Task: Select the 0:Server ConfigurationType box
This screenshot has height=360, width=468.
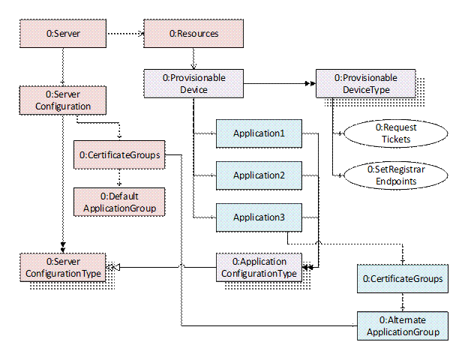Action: click(62, 267)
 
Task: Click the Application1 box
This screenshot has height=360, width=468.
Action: click(258, 134)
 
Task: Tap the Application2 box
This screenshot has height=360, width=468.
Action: click(258, 175)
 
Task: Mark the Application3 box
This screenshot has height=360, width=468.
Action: click(258, 217)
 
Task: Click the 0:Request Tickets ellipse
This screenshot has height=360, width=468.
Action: click(395, 133)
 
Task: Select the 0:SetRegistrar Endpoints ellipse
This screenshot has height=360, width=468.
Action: click(395, 175)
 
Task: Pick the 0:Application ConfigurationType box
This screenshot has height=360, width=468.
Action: click(258, 267)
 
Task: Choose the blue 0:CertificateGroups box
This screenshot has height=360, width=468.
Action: click(402, 279)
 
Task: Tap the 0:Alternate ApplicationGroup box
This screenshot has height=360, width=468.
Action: click(402, 326)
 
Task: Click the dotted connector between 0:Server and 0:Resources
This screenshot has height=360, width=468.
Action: click(123, 33)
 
